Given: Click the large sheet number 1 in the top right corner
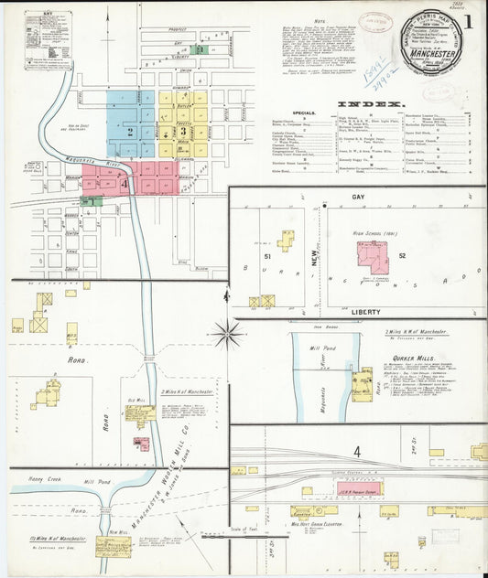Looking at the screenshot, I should pos(468,21).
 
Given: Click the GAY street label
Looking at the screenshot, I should pos(357,197).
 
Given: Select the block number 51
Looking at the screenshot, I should pos(268,255).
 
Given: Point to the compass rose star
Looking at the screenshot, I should pos(225,334).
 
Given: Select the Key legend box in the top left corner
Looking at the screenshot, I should pos(49,40).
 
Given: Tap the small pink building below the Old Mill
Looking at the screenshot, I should pos(142,444).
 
